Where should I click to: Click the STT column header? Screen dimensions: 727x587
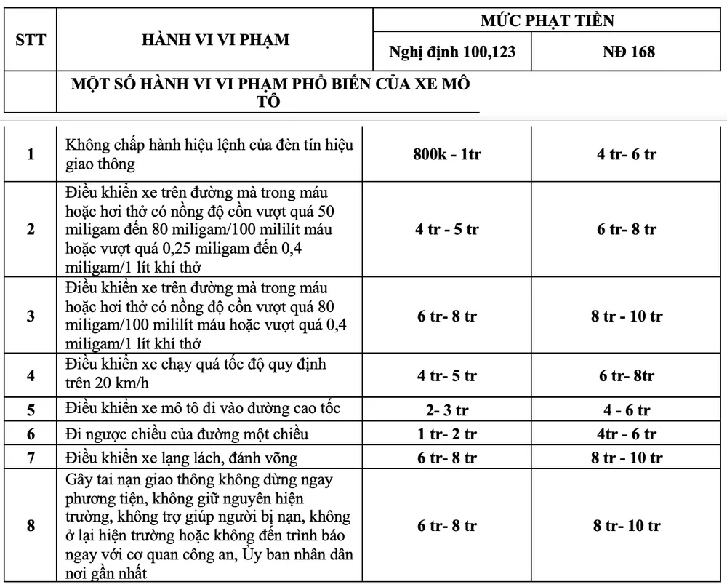tap(31, 39)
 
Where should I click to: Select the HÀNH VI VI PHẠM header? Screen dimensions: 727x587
tap(215, 39)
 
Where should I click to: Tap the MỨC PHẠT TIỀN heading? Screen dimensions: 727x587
tap(547, 20)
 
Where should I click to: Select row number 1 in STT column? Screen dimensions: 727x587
tap(31, 154)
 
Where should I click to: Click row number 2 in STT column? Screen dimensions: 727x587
tap(31, 229)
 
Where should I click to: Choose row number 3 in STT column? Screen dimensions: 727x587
tap(31, 316)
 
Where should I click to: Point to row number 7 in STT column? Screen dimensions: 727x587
tap(31, 458)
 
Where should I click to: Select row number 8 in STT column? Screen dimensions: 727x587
tap(31, 525)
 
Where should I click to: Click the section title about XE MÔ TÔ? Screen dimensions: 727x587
tap(270, 92)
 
